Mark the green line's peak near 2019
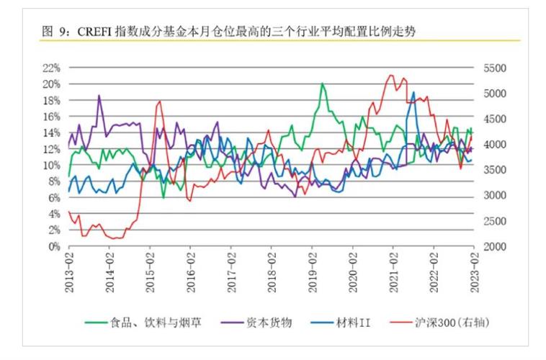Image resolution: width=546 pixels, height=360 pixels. (322, 84)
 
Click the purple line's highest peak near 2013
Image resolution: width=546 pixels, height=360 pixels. (99, 96)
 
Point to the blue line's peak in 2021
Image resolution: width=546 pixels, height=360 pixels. (413, 92)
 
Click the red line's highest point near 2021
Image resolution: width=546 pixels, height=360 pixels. (391, 75)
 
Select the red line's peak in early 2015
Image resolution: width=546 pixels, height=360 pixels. (158, 102)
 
